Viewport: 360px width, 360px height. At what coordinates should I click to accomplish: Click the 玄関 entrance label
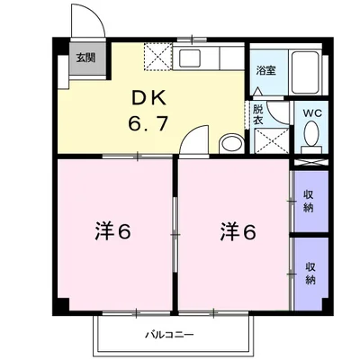click(83, 59)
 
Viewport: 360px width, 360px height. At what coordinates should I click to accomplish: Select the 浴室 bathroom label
click(265, 70)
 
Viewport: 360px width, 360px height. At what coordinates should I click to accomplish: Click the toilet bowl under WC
click(312, 135)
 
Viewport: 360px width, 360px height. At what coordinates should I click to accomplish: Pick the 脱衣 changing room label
click(256, 109)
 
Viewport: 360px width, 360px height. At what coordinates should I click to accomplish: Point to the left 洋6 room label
click(113, 232)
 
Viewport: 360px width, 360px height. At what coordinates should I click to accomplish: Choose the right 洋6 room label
click(237, 232)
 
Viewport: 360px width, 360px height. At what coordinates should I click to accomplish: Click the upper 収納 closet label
click(309, 200)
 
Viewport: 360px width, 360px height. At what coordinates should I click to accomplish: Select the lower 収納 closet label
click(310, 273)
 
